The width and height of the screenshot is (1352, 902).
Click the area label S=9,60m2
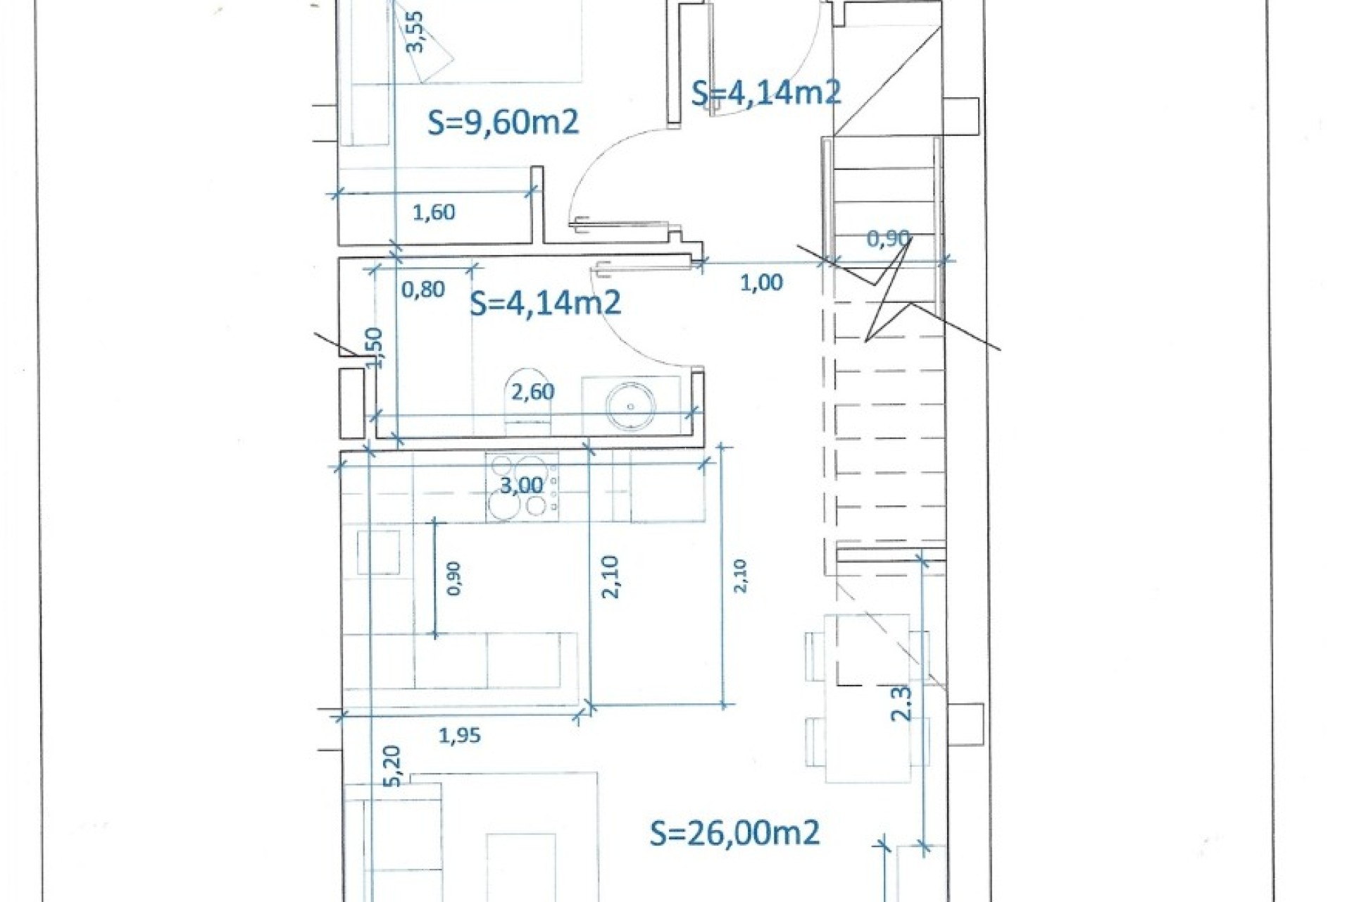point(503,123)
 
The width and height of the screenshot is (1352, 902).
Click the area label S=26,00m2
point(734,833)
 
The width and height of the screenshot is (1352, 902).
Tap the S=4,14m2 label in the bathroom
point(545,303)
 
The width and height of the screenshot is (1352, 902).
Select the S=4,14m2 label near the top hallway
point(765,93)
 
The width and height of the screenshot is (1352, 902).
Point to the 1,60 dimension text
point(434,212)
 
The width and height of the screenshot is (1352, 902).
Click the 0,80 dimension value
point(423,289)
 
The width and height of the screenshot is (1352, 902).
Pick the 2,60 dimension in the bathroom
point(532,392)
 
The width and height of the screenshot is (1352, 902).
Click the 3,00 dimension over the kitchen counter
point(521,485)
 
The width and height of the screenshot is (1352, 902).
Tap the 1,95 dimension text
point(460,736)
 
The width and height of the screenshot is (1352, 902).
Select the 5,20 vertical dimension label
point(393,766)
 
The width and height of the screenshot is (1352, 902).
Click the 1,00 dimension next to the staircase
point(761,283)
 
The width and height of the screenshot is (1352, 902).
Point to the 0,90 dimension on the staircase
point(888,238)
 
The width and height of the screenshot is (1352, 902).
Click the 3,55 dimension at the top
point(415,32)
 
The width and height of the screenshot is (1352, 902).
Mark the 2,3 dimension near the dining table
point(901,703)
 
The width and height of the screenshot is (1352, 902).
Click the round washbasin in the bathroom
point(630,407)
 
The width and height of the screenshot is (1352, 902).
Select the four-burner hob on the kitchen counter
point(522,486)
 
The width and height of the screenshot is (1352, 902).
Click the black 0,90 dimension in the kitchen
point(453,579)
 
